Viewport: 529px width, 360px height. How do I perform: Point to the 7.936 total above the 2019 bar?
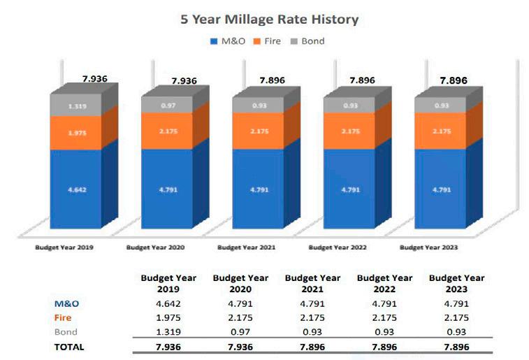coord(94,78)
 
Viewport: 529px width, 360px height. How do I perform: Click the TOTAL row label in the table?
coord(68,346)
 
